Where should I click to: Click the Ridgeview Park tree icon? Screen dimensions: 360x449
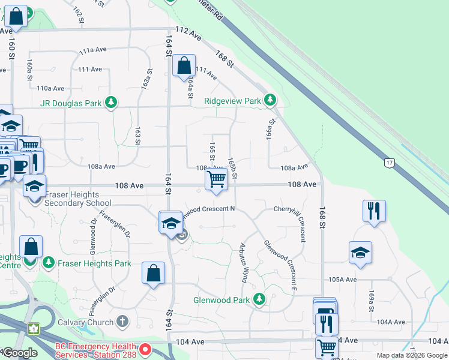click(271, 101)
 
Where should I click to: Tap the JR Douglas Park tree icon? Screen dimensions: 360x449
click(110, 103)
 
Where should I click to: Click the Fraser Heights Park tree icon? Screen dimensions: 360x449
click(47, 263)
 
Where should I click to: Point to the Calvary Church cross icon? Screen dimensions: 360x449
click(122, 322)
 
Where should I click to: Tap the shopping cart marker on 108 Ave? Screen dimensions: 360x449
click(216, 179)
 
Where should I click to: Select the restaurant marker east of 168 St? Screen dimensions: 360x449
click(374, 211)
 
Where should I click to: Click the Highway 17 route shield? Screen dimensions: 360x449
click(389, 162)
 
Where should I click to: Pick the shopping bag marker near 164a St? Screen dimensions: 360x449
click(184, 65)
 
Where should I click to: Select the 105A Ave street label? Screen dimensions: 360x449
click(342, 280)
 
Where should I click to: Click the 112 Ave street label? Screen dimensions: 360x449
click(188, 34)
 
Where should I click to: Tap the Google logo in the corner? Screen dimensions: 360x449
click(19, 353)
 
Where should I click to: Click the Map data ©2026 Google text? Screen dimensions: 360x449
click(411, 355)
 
